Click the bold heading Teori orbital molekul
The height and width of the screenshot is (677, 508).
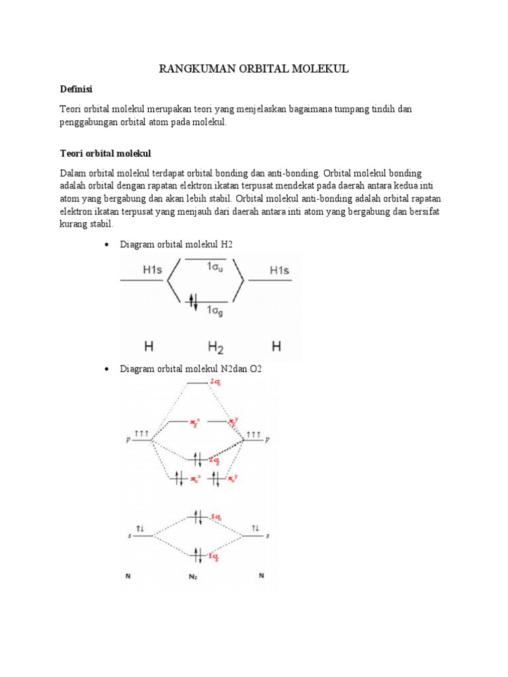click(106, 153)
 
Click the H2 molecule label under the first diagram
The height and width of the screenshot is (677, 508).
click(216, 346)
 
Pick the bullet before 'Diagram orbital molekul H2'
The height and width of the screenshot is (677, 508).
click(107, 245)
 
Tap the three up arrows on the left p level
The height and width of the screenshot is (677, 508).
click(142, 434)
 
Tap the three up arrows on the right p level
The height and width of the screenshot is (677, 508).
click(253, 434)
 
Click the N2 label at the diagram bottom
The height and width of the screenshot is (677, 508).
click(192, 577)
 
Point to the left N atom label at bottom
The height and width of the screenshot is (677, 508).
click(128, 576)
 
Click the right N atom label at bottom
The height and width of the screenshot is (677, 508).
click(261, 576)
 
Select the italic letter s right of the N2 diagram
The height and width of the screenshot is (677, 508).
click(267, 536)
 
